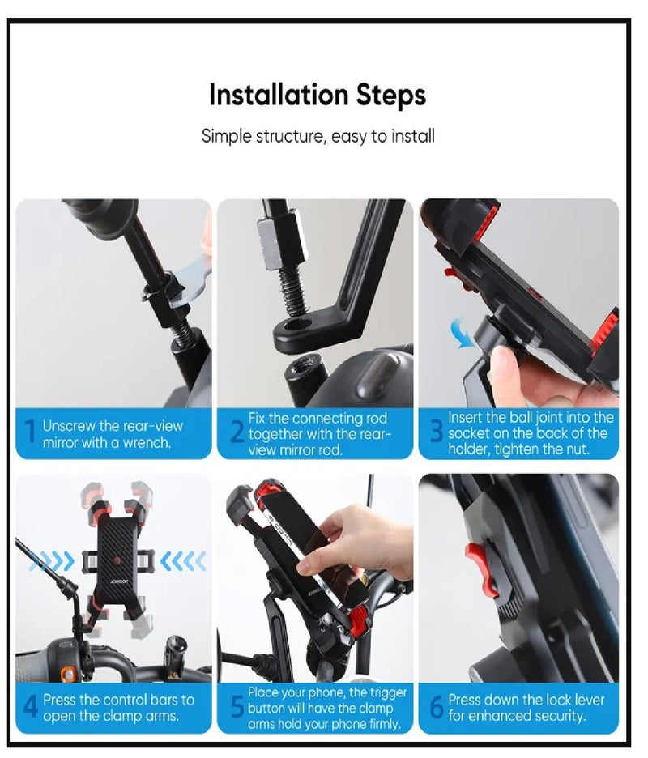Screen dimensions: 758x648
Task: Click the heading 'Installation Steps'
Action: (x=318, y=95)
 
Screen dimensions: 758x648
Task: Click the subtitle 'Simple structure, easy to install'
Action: (x=318, y=136)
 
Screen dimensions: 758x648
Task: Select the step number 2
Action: (x=237, y=434)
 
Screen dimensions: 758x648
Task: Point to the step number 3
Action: (x=437, y=434)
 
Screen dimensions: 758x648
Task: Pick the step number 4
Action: (x=30, y=707)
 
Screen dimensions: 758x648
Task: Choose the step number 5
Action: (x=237, y=707)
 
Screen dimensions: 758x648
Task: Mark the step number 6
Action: (x=437, y=707)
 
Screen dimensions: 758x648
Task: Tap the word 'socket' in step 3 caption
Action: (x=473, y=433)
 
